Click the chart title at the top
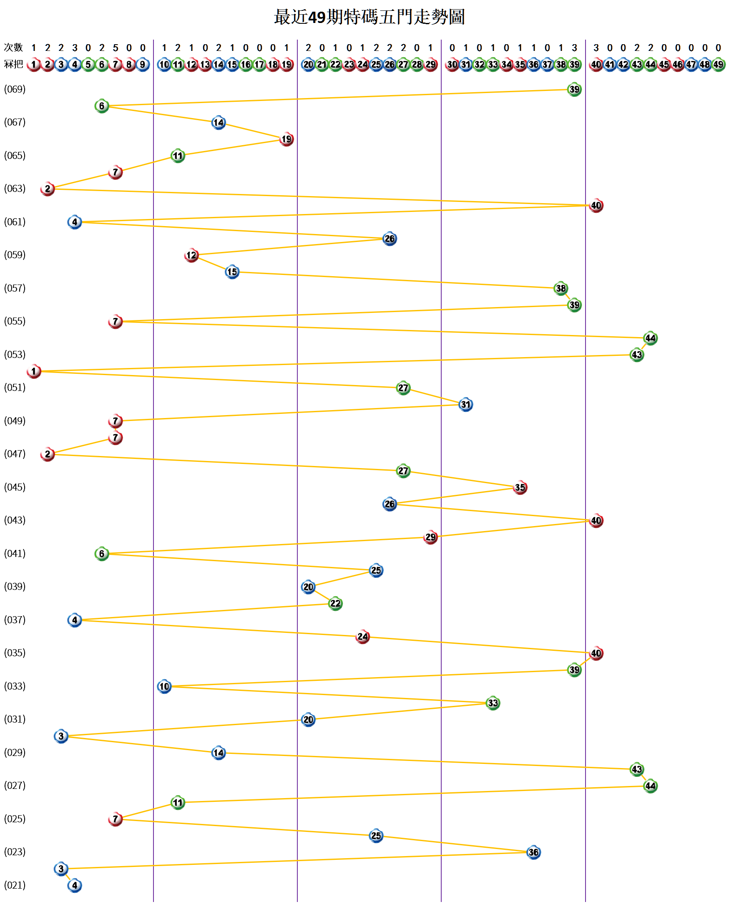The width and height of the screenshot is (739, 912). [369, 17]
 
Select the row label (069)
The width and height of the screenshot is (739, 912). [15, 89]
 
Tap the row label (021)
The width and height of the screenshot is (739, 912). [15, 885]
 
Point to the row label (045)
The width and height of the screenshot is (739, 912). [15, 487]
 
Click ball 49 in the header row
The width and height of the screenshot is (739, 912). [718, 65]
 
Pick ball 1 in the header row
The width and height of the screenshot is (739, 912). [34, 65]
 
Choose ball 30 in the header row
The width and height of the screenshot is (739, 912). [452, 65]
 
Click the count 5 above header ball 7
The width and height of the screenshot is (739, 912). [116, 48]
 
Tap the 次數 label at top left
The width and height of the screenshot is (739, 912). [13, 47]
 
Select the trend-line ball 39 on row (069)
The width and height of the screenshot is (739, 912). [574, 89]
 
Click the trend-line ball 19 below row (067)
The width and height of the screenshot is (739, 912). [287, 139]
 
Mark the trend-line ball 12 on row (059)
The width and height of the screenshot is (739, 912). [191, 255]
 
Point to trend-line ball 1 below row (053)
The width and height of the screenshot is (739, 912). [34, 371]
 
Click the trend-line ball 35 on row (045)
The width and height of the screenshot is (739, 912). [520, 488]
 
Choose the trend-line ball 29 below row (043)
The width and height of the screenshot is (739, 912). [431, 537]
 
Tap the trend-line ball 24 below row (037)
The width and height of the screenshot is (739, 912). [363, 637]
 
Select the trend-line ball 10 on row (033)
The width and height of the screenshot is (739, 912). [164, 686]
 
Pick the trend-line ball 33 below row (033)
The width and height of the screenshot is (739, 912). [493, 703]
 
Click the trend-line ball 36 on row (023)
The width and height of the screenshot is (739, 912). [533, 852]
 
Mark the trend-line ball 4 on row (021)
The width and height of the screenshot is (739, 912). [75, 886]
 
